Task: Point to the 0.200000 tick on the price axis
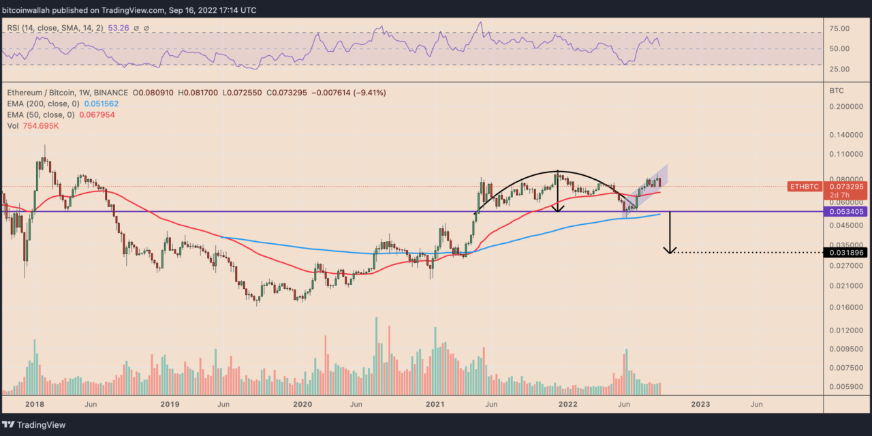point(845,107)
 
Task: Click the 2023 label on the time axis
point(700,404)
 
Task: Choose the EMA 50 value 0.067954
point(96,114)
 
